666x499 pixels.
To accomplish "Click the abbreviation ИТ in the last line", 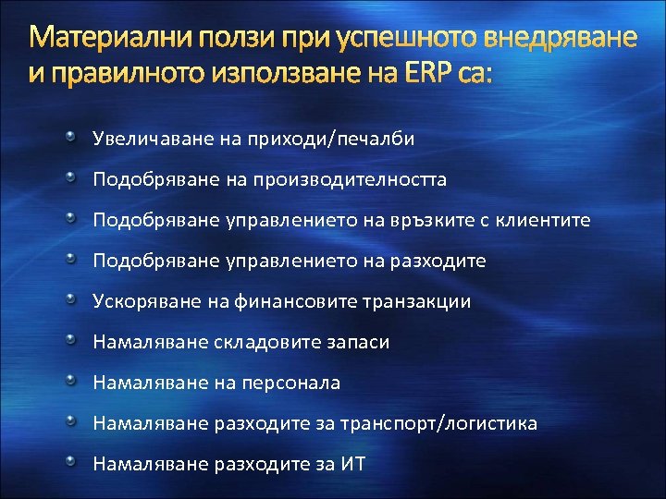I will [353, 464].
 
